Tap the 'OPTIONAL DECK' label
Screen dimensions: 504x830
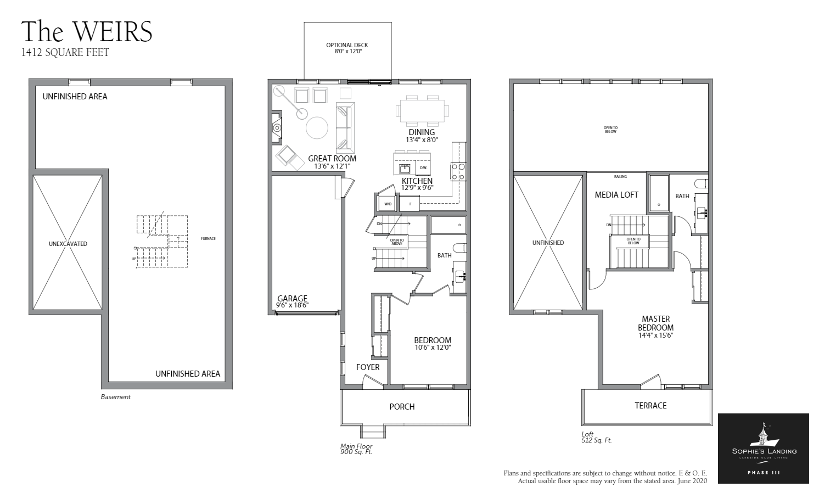pos(347,46)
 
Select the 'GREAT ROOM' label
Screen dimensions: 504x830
pos(332,159)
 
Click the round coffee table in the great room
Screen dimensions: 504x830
pos(317,128)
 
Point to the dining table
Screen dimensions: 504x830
pos(422,111)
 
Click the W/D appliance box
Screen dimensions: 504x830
pos(388,204)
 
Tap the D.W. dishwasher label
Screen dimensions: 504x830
pos(423,167)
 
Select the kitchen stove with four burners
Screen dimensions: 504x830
pos(458,172)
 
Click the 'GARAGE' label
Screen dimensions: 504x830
pos(292,299)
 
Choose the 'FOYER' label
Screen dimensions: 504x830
pos(367,367)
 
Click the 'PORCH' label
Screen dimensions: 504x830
pos(402,406)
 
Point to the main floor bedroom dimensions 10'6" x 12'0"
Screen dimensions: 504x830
pos(432,347)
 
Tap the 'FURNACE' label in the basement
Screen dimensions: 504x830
pos(208,238)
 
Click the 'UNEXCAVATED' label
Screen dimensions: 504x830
pos(68,244)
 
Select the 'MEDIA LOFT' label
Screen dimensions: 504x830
pos(616,194)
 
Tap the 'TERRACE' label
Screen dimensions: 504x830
pos(650,405)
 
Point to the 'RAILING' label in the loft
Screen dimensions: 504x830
pos(620,177)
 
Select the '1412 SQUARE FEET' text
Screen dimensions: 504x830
pos(65,53)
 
